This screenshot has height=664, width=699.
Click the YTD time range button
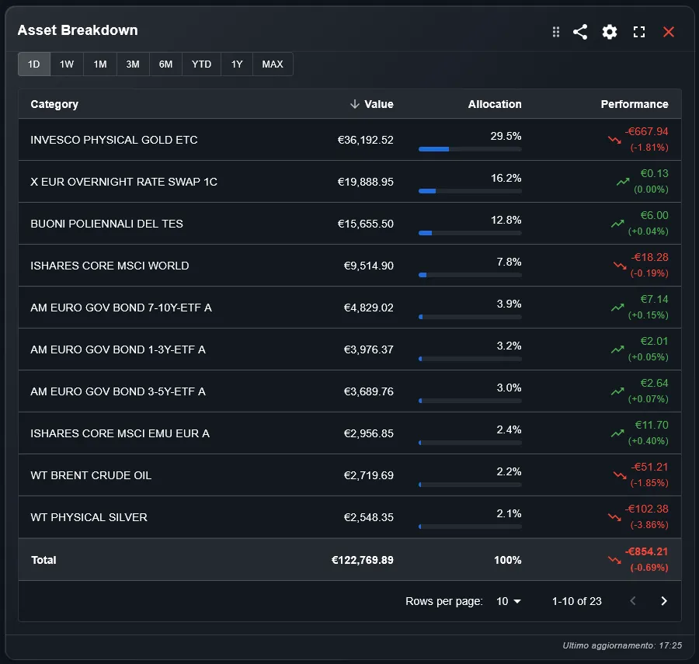[x=201, y=64]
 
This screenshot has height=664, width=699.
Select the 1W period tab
[x=67, y=64]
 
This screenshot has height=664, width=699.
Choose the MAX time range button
[x=273, y=64]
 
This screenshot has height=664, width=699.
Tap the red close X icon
[x=669, y=32]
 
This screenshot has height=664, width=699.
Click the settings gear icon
[x=610, y=32]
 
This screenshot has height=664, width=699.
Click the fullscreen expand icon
[x=639, y=32]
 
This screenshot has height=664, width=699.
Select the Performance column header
[x=634, y=104]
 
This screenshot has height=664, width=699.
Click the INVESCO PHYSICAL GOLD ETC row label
[x=114, y=140]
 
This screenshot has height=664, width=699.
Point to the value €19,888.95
[x=365, y=182]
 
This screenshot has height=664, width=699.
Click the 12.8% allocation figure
[x=506, y=220]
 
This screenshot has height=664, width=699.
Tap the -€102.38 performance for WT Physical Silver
[x=646, y=509]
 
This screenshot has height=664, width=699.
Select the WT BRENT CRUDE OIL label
[x=91, y=475]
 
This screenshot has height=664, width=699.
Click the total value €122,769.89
[x=362, y=560]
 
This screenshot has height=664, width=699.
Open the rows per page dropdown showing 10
[x=509, y=601]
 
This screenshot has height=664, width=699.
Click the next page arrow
[x=663, y=601]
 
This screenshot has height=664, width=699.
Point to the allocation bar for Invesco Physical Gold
[x=469, y=148]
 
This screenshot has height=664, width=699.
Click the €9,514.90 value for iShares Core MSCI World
[x=368, y=266]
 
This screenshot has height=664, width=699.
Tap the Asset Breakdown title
[x=78, y=30]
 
